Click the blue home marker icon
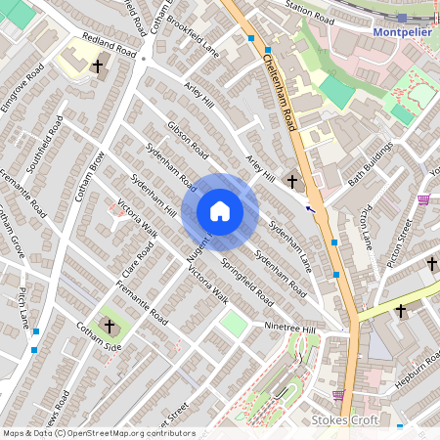[220, 211]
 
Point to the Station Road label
[310, 6]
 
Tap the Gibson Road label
[189, 141]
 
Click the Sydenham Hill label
[157, 193]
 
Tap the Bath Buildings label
[370, 163]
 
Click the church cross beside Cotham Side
[110, 326]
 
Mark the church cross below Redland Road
[97, 66]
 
